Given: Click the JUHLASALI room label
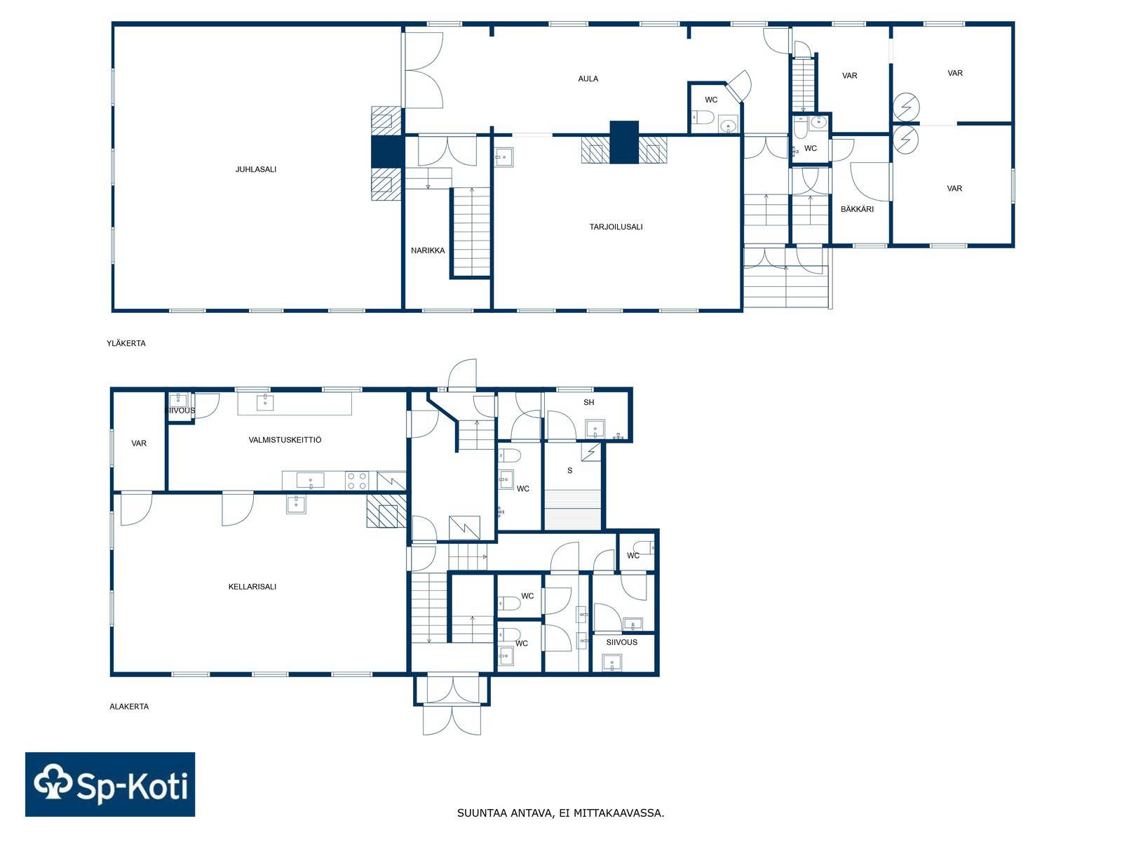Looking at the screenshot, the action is (255, 169).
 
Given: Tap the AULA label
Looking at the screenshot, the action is (588, 79).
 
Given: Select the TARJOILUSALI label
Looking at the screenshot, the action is (616, 227).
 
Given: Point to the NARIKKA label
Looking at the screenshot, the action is (428, 250).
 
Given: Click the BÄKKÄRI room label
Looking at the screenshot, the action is (857, 208).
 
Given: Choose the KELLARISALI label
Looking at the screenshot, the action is (252, 587).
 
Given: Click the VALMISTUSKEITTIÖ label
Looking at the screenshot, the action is (285, 439).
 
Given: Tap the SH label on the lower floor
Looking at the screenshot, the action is (589, 402).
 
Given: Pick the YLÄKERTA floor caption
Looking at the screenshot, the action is (126, 343).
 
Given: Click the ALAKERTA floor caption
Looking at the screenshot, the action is (129, 706).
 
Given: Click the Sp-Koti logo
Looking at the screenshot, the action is (110, 784).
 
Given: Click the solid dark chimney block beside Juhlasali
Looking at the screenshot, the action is (387, 152).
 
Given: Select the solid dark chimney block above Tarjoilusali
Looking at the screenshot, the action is (624, 142).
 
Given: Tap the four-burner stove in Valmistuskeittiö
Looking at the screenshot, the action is (356, 481).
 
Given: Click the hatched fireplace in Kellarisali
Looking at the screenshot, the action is (386, 511).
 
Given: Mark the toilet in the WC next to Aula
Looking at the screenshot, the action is (703, 119).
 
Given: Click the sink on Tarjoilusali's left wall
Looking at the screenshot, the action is (504, 157).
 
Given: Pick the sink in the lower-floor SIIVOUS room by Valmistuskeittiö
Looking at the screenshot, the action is (178, 400).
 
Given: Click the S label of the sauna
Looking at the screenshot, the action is (570, 470).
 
